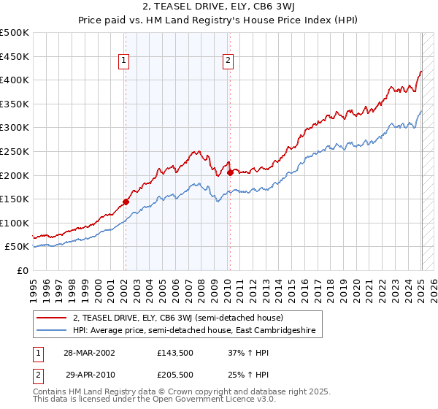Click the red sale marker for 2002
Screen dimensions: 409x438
(126, 202)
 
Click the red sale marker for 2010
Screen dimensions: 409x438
(229, 172)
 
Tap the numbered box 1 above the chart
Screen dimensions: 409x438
(124, 61)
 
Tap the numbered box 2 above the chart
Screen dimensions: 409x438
(228, 61)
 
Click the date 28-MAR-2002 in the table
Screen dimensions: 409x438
(90, 352)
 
